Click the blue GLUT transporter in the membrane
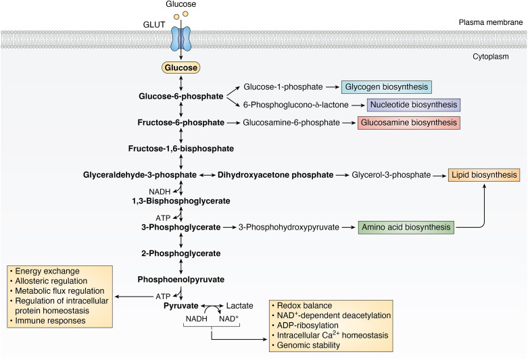pos(180,39)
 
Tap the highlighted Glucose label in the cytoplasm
pos(180,68)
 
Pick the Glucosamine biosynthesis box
pos(409,123)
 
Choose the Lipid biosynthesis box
pos(484,175)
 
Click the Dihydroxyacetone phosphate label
pos(275,175)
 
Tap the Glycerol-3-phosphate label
pos(391,175)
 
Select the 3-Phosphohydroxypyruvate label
pos(289,228)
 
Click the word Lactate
pos(239,305)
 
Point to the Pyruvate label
pos(164,305)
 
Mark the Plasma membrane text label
pos(497,22)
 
